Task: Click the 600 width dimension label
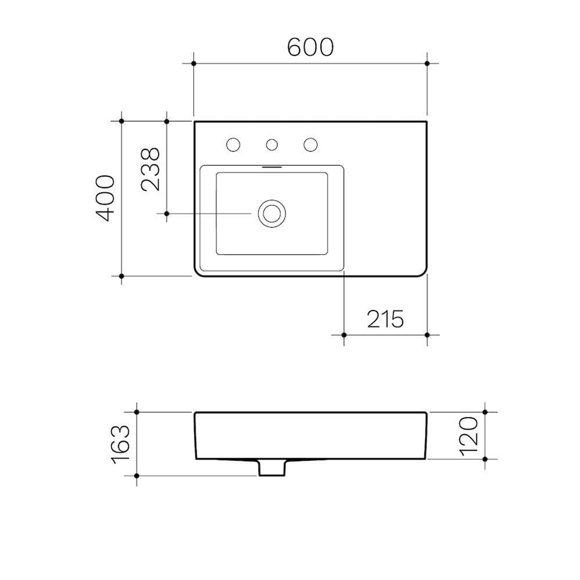[310, 47]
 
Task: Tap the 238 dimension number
[150, 169]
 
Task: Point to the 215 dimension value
[385, 320]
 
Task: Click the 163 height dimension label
[120, 444]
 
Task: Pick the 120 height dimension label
[468, 436]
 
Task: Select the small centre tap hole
[272, 144]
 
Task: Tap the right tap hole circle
[310, 144]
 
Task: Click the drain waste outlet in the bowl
[272, 214]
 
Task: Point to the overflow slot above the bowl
[272, 167]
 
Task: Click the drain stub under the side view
[271, 468]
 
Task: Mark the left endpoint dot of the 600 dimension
[194, 63]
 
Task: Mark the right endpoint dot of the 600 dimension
[427, 63]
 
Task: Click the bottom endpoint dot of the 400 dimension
[122, 276]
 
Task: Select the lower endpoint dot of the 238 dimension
[167, 214]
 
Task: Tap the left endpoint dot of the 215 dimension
[344, 335]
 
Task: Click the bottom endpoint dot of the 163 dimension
[137, 476]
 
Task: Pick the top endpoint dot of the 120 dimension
[485, 412]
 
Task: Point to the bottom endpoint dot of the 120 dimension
[485, 460]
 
